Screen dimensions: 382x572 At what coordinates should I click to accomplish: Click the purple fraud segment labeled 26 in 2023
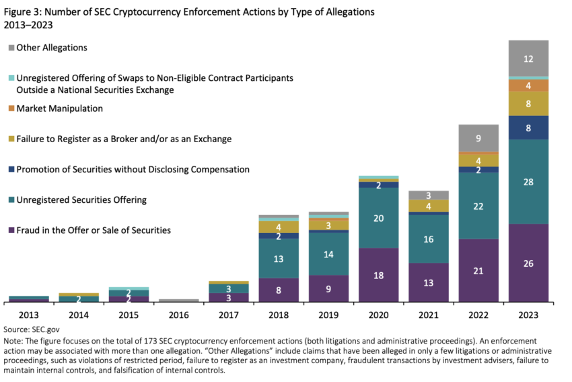click(x=528, y=263)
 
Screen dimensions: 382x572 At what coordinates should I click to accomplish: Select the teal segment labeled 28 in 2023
click(x=528, y=182)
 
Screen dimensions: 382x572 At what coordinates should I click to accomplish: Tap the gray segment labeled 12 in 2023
click(x=528, y=59)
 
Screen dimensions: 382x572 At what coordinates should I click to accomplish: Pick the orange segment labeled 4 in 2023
click(x=528, y=86)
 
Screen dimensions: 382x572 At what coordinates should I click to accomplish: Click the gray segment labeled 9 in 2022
click(x=478, y=138)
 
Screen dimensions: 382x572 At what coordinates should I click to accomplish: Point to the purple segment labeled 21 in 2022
click(x=478, y=270)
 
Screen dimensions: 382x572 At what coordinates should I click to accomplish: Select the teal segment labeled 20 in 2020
click(x=378, y=218)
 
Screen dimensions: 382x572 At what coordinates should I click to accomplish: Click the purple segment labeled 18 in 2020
click(x=378, y=275)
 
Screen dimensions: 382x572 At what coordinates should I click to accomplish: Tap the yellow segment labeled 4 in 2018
click(x=279, y=227)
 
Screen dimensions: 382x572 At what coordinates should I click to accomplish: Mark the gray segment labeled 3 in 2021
click(x=429, y=195)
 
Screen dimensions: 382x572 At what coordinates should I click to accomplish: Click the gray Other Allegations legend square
click(x=11, y=48)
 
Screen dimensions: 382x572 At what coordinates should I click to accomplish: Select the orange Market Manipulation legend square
click(x=11, y=108)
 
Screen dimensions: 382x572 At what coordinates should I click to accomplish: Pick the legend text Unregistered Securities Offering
click(x=81, y=200)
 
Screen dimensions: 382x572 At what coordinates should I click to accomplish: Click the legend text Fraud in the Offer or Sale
click(x=93, y=230)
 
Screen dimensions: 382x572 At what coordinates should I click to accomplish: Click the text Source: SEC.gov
click(x=30, y=330)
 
